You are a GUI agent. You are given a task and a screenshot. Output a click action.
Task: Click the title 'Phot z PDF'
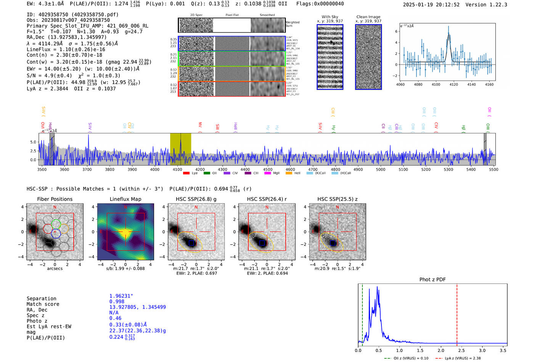click(432, 280)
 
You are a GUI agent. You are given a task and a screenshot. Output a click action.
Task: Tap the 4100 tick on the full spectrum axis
click(177, 170)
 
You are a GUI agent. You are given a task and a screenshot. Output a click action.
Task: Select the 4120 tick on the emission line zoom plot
click(454, 84)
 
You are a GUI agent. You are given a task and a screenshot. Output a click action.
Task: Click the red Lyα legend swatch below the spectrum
click(186, 173)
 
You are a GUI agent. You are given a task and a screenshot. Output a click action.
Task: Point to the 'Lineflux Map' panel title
click(125, 199)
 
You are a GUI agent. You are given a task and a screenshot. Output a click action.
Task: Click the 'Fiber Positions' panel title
click(55, 199)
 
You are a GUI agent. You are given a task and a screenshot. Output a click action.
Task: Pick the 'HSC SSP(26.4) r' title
click(267, 199)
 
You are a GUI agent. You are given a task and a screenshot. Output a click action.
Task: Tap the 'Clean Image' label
click(368, 17)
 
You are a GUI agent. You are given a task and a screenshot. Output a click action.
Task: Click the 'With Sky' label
click(330, 17)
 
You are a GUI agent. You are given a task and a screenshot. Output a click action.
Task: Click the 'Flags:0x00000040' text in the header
click(320, 4)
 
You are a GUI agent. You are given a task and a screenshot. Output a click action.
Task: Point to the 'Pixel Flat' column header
click(232, 15)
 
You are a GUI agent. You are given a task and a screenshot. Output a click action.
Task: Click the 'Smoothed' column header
click(267, 15)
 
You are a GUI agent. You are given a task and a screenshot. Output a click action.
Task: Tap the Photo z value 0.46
click(115, 318)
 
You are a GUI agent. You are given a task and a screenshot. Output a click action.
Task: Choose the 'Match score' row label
click(43, 304)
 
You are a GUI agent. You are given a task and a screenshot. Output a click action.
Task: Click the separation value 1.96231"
click(121, 296)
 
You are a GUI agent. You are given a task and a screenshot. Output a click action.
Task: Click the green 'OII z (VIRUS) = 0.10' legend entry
click(407, 358)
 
